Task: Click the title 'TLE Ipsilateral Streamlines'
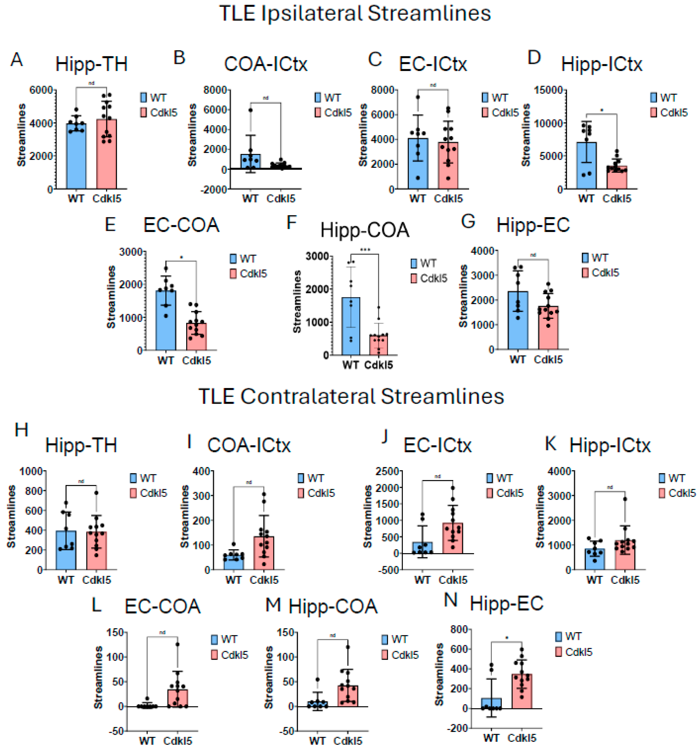(355, 14)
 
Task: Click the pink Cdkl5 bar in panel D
(617, 177)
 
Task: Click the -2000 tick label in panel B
(214, 189)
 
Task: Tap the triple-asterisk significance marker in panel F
(365, 249)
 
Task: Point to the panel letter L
(97, 605)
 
